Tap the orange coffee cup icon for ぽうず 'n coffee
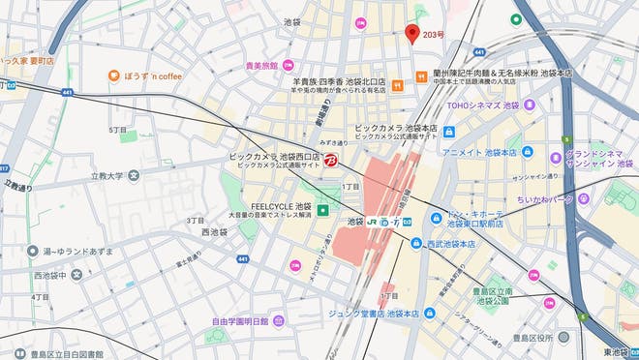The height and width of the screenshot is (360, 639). (113, 75)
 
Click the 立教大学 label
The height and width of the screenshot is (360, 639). (106, 176)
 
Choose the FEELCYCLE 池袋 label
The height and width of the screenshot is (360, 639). (281, 206)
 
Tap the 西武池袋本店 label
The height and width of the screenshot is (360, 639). (450, 244)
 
